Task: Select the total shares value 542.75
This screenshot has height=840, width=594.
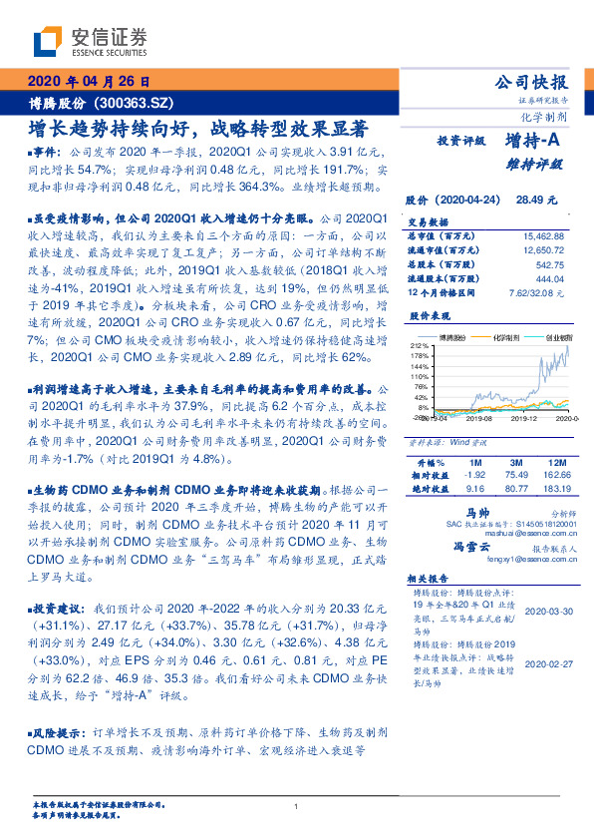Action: pos(550,265)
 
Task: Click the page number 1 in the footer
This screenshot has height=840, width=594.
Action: pos(297,807)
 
